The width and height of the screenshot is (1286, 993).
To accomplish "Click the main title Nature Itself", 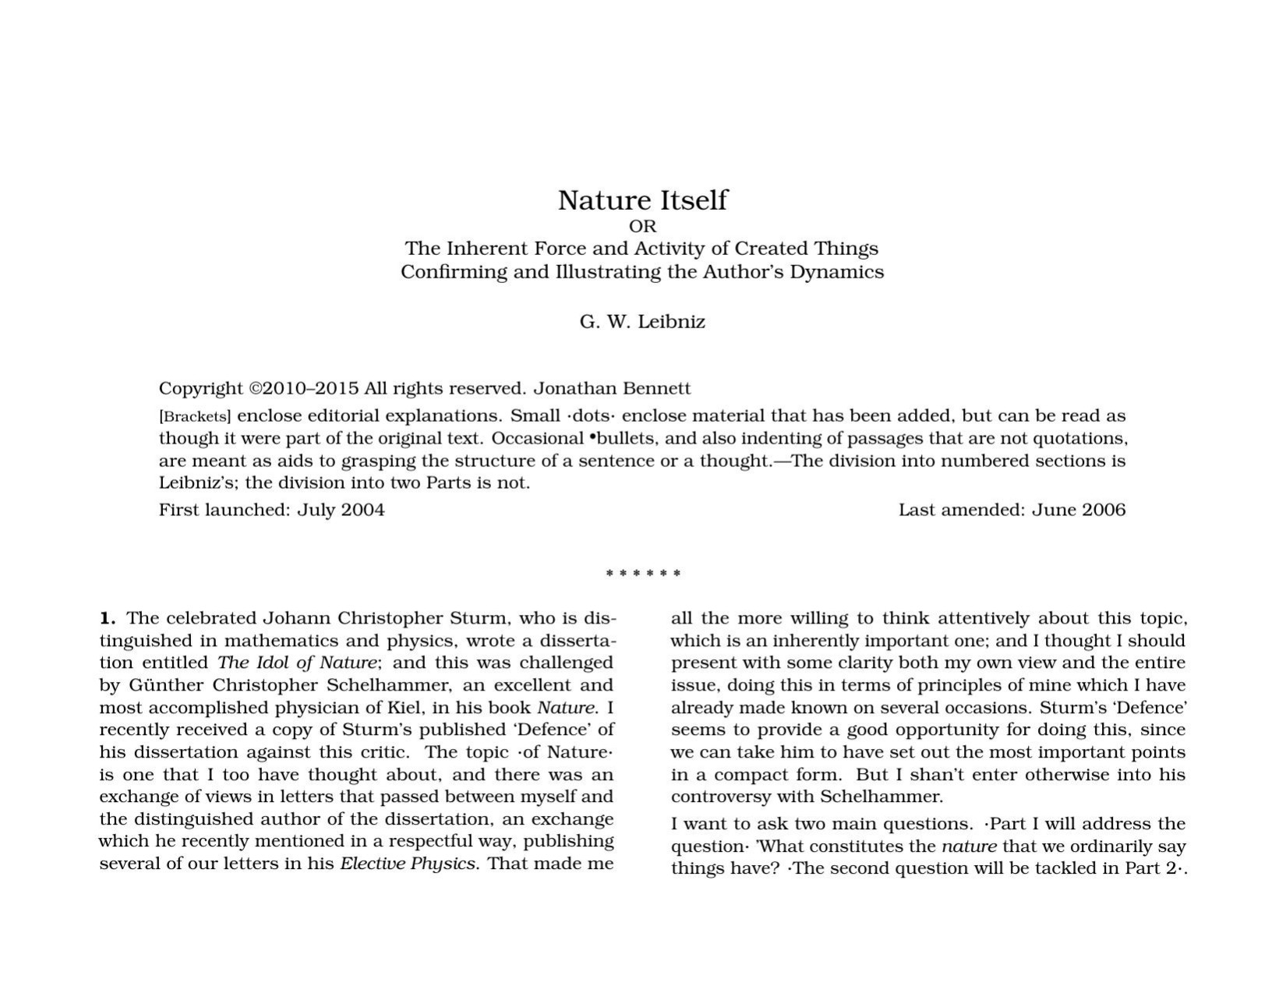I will click(642, 200).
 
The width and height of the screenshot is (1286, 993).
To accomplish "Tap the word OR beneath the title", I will click(642, 227).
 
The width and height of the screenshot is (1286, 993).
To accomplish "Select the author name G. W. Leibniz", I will click(642, 322).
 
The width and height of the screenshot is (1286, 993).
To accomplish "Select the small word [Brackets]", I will click(195, 416).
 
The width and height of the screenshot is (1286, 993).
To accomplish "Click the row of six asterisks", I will click(642, 574).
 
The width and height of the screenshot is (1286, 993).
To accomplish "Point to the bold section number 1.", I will click(108, 619).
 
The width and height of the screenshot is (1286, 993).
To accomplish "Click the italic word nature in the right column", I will click(969, 846).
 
